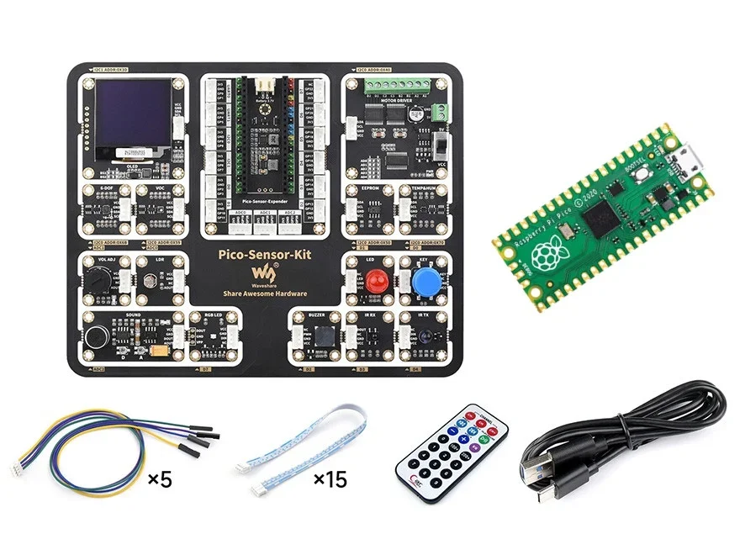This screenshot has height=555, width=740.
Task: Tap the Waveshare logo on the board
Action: click(x=266, y=272)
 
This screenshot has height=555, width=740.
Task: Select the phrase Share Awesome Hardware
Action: click(x=266, y=293)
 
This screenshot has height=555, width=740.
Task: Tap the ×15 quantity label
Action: click(x=330, y=480)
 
